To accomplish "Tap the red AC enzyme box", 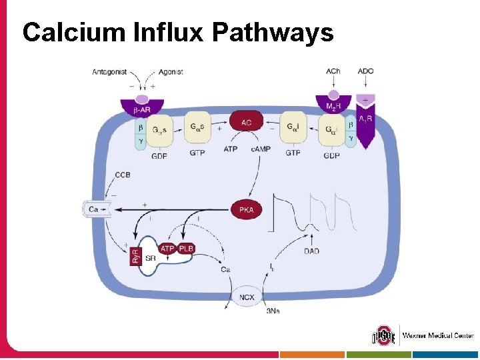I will (x=247, y=121).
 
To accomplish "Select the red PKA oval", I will (x=246, y=209).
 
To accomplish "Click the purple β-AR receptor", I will (x=141, y=106).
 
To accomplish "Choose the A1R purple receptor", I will (x=366, y=121).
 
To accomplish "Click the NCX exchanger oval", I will (x=247, y=295).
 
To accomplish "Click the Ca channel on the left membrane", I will (x=96, y=210).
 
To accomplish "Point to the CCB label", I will (x=123, y=175).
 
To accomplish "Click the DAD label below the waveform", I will (x=311, y=251).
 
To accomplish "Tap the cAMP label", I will (x=261, y=149).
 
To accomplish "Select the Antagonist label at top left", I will (x=109, y=72).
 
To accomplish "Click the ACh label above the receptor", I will (x=333, y=71).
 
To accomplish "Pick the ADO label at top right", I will (x=366, y=71).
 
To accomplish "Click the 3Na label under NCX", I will (x=273, y=311).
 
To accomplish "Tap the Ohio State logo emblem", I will (x=383, y=335).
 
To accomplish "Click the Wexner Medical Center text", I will (x=437, y=335).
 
